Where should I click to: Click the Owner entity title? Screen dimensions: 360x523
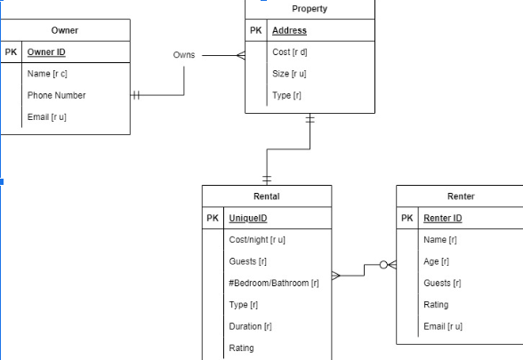tap(64, 30)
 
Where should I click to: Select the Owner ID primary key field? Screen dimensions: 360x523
tap(46, 52)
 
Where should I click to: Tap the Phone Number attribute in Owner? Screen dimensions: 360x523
tap(56, 95)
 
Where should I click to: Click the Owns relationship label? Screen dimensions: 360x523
tap(184, 55)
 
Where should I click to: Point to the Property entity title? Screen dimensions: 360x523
tap(310, 9)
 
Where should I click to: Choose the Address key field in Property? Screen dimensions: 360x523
tap(289, 30)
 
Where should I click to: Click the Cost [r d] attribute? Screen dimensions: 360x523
tap(289, 52)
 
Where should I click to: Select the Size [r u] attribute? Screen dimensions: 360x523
tap(289, 74)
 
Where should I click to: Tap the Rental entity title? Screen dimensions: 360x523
tap(267, 196)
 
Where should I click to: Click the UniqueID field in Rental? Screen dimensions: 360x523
tap(248, 218)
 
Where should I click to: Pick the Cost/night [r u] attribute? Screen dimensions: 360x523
tap(257, 240)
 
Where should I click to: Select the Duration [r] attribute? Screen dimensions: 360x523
tap(250, 326)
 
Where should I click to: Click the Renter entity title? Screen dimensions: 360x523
tap(461, 196)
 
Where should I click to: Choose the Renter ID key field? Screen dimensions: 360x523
tap(443, 218)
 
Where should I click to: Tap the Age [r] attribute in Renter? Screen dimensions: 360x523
tap(436, 261)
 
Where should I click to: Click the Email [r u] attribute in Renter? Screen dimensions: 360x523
tap(443, 326)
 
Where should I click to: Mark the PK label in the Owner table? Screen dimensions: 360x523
tap(11, 52)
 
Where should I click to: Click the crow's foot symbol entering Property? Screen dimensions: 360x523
tap(239, 55)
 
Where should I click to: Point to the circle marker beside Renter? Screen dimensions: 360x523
tap(383, 265)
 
